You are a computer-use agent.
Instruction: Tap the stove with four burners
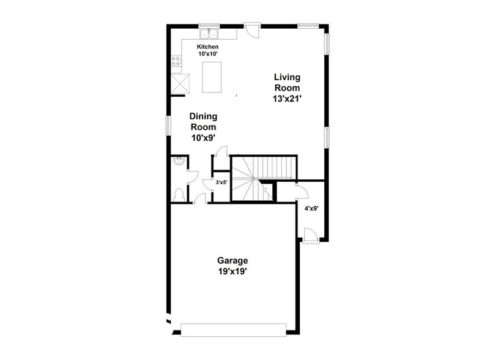176,61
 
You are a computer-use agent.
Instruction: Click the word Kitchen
207,47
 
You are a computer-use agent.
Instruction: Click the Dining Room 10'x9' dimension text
204,138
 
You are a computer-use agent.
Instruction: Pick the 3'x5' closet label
221,182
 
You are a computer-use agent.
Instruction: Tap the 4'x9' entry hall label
312,209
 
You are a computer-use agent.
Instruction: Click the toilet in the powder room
178,195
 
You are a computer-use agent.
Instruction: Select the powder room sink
177,163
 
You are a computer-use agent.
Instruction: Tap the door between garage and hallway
200,196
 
